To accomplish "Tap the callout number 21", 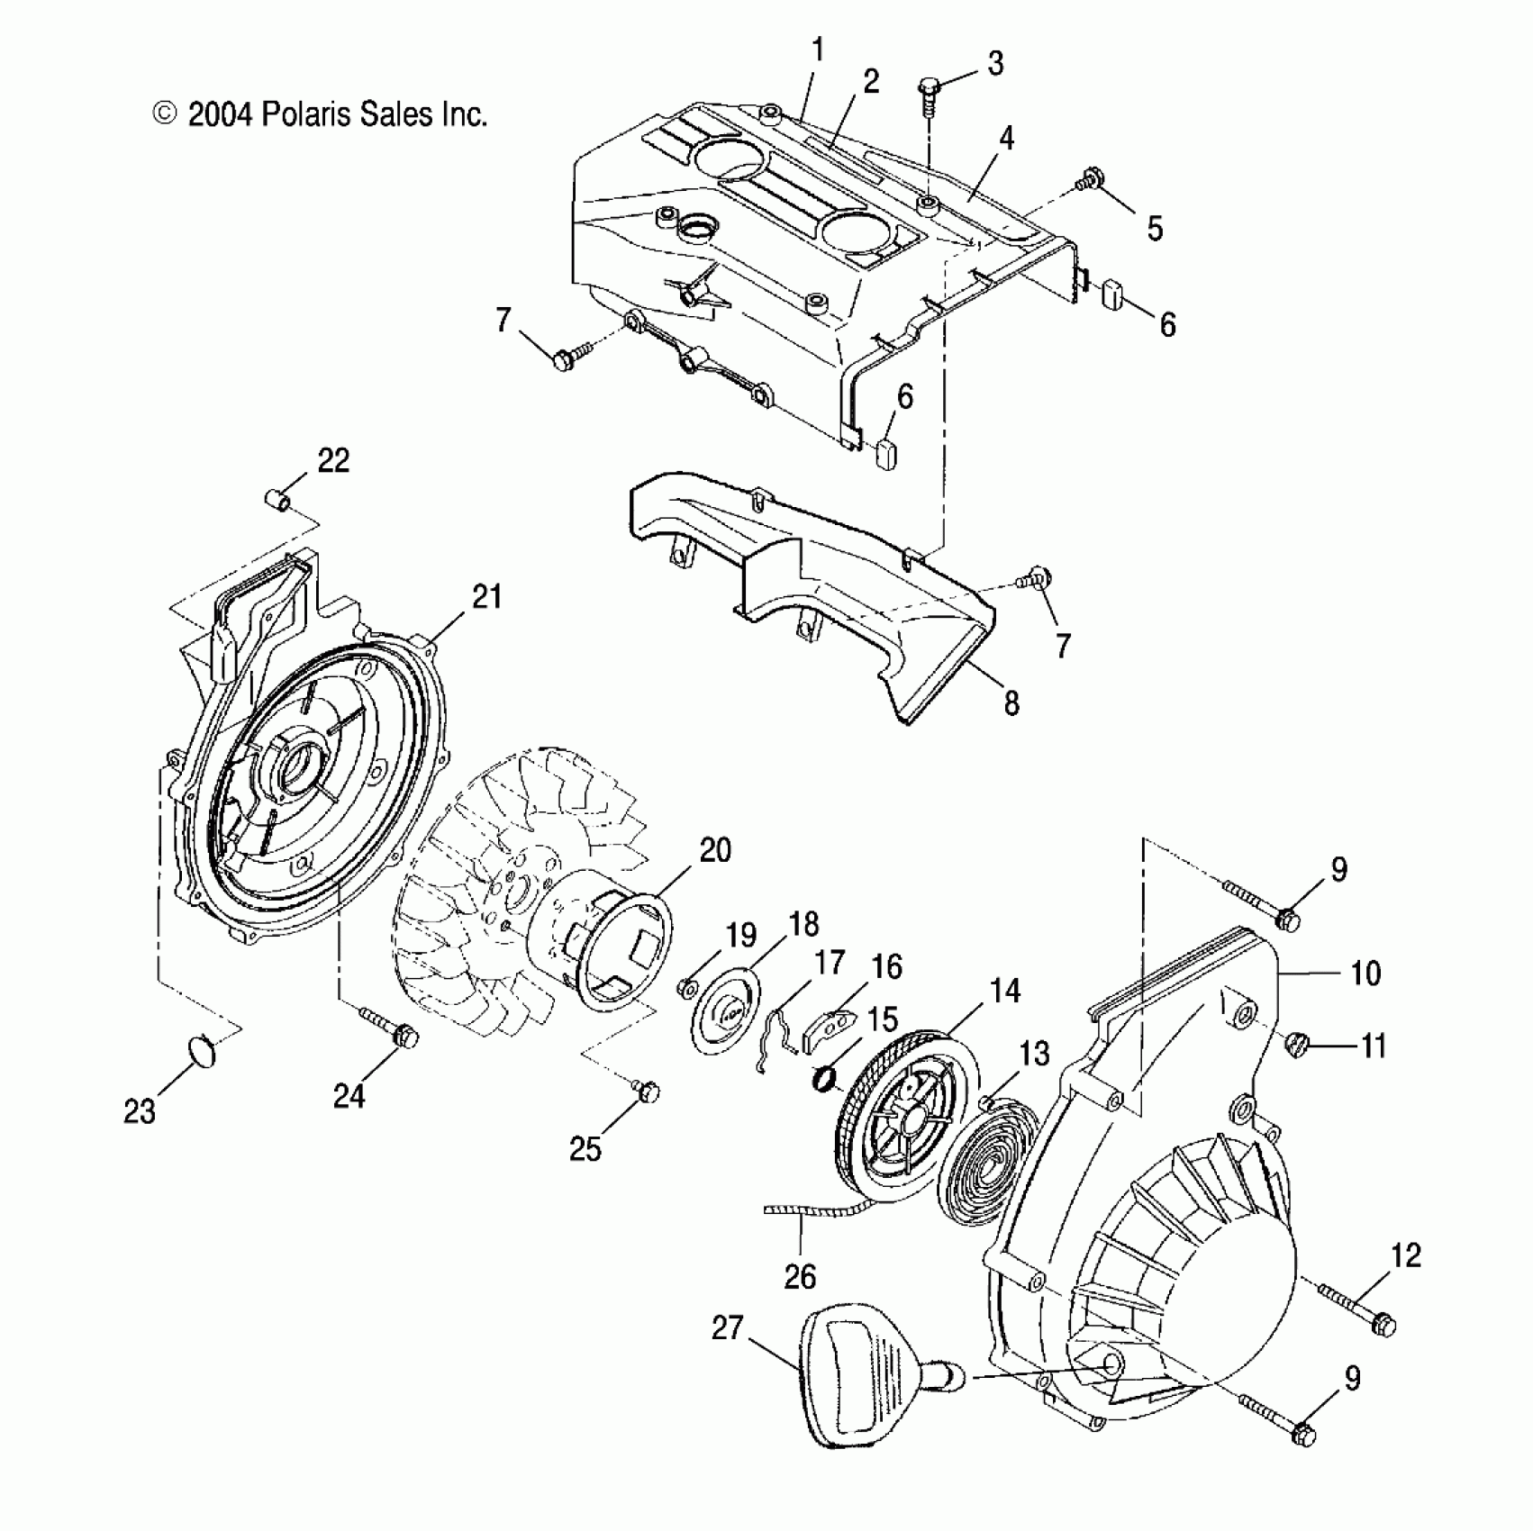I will tap(486, 597).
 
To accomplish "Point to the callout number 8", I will tap(1011, 703).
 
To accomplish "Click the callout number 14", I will tap(1004, 991).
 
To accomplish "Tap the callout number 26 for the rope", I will tap(800, 1276).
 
